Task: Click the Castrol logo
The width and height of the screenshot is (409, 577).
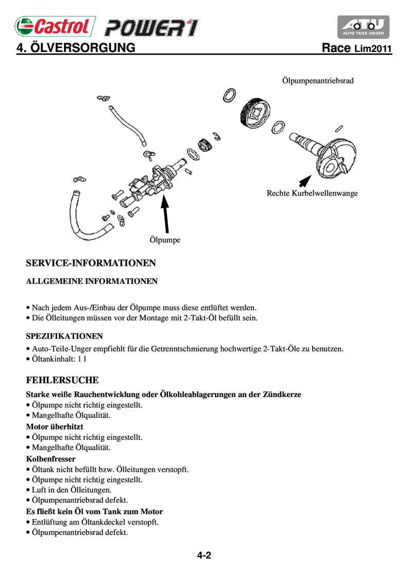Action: (x=55, y=26)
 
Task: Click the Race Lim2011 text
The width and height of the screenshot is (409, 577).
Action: (x=356, y=49)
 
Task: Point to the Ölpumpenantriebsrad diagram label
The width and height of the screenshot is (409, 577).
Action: (x=317, y=81)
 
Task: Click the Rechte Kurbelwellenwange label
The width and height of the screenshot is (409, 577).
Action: (x=312, y=193)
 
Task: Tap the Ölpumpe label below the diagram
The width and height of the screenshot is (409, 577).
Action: (x=165, y=240)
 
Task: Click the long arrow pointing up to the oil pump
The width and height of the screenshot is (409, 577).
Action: (x=165, y=213)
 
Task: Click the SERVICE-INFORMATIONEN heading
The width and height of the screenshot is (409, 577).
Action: (x=91, y=263)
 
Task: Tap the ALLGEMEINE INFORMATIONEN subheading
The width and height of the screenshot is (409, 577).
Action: (x=92, y=281)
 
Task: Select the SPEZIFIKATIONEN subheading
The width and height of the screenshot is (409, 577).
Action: (x=64, y=336)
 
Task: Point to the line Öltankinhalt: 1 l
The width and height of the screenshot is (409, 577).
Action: (x=59, y=359)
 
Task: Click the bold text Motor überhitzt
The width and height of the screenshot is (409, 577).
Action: (x=55, y=426)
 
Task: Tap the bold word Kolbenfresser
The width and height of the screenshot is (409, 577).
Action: (x=51, y=458)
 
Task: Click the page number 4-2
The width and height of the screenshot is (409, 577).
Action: (x=204, y=555)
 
